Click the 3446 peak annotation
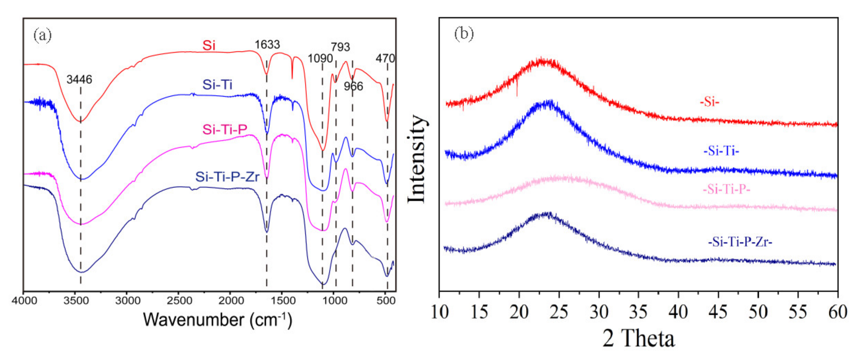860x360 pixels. tap(79, 80)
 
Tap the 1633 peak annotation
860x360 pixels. tap(267, 45)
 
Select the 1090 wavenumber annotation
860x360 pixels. tap(320, 58)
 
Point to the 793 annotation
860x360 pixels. tap(340, 47)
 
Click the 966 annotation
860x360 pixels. tap(353, 87)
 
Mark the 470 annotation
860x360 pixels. tap(385, 58)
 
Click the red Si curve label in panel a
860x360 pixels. tap(209, 45)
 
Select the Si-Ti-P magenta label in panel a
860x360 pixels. tap(225, 129)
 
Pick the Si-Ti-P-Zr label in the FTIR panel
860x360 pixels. tap(227, 177)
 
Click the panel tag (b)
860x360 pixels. tap(464, 34)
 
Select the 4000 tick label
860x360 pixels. tap(24, 301)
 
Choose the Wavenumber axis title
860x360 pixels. tap(217, 320)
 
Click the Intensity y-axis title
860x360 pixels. tap(417, 159)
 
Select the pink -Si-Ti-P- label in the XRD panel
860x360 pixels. tap(726, 189)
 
